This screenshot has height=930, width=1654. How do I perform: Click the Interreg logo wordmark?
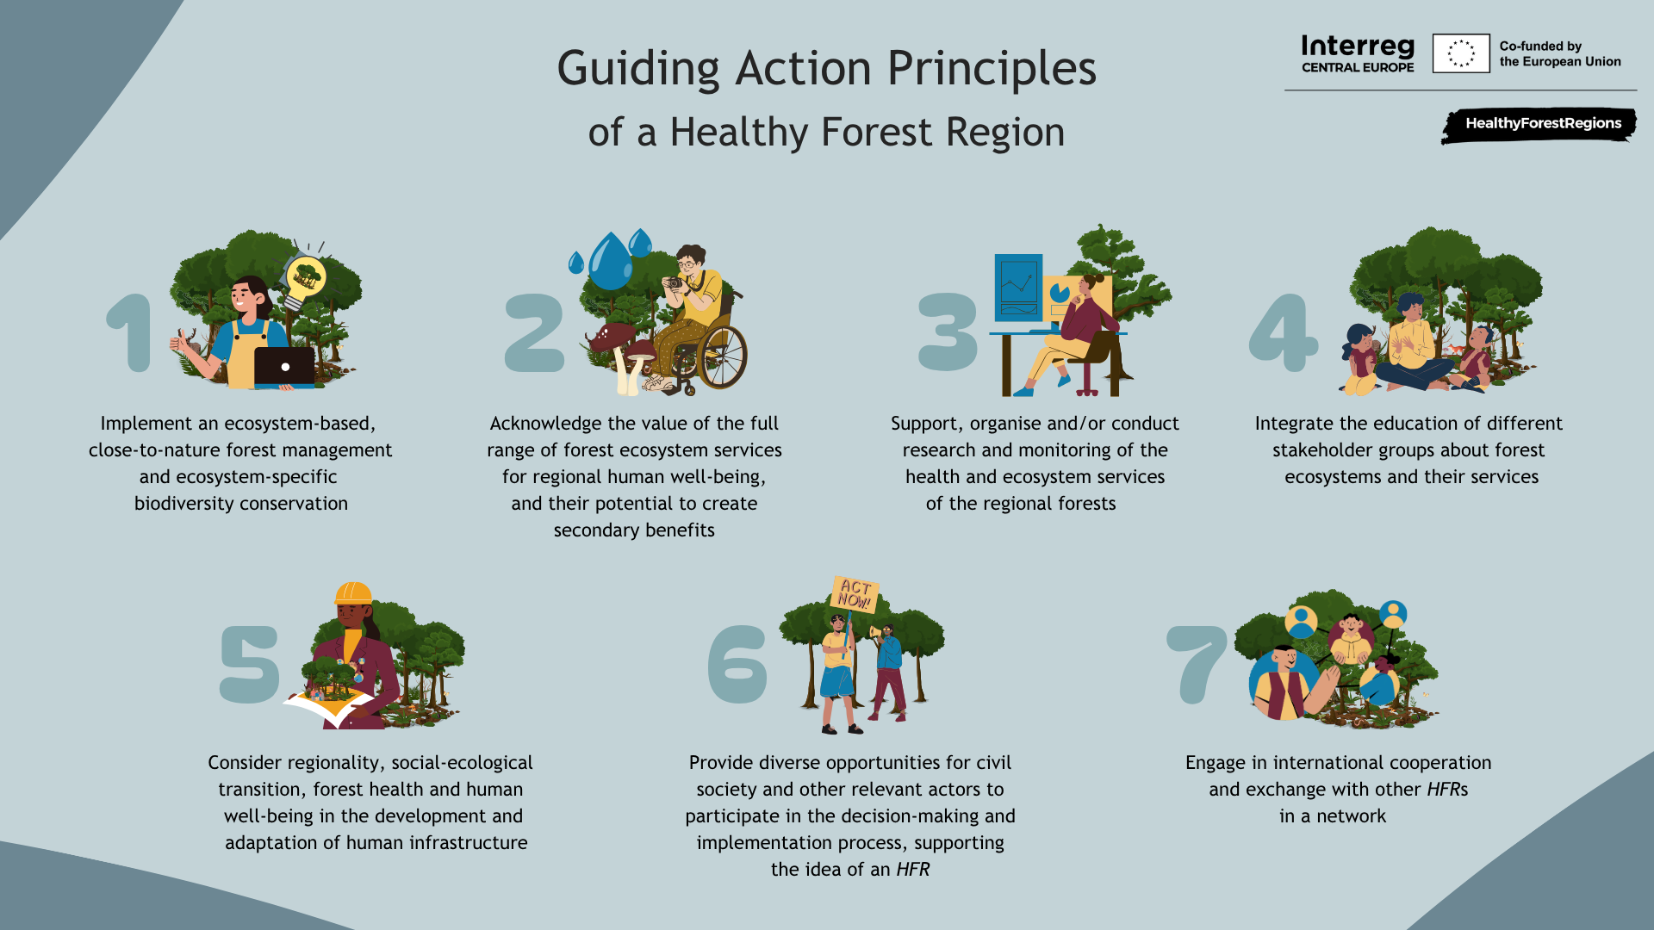click(1358, 53)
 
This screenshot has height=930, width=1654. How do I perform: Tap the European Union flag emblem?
click(1461, 53)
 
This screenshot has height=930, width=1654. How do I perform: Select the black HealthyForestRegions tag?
click(1539, 125)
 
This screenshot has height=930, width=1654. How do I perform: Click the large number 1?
click(129, 333)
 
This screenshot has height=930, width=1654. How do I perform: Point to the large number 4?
click(1284, 332)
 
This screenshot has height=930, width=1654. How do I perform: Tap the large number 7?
click(1197, 664)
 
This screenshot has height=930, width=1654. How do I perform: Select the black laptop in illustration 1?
click(284, 367)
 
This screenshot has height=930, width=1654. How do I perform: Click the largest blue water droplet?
click(611, 263)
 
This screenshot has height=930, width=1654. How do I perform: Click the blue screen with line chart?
click(1018, 288)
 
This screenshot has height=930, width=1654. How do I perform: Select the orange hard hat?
click(353, 592)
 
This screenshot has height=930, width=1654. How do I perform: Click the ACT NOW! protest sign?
click(855, 594)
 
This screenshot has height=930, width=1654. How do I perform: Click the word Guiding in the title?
click(637, 69)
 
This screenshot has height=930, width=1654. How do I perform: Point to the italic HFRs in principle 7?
click(1447, 790)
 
